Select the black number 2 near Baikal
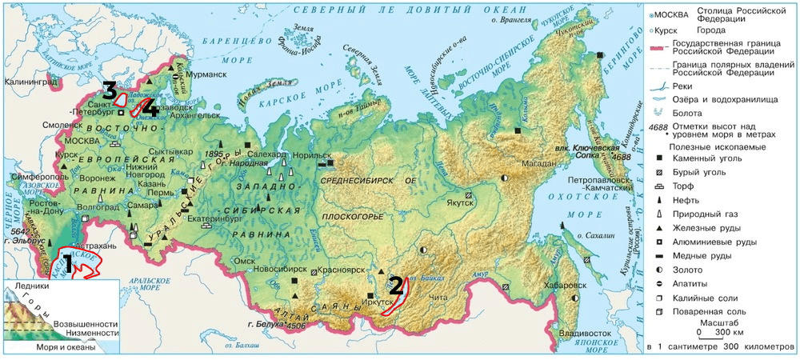click(394, 285)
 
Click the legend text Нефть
click(688, 199)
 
